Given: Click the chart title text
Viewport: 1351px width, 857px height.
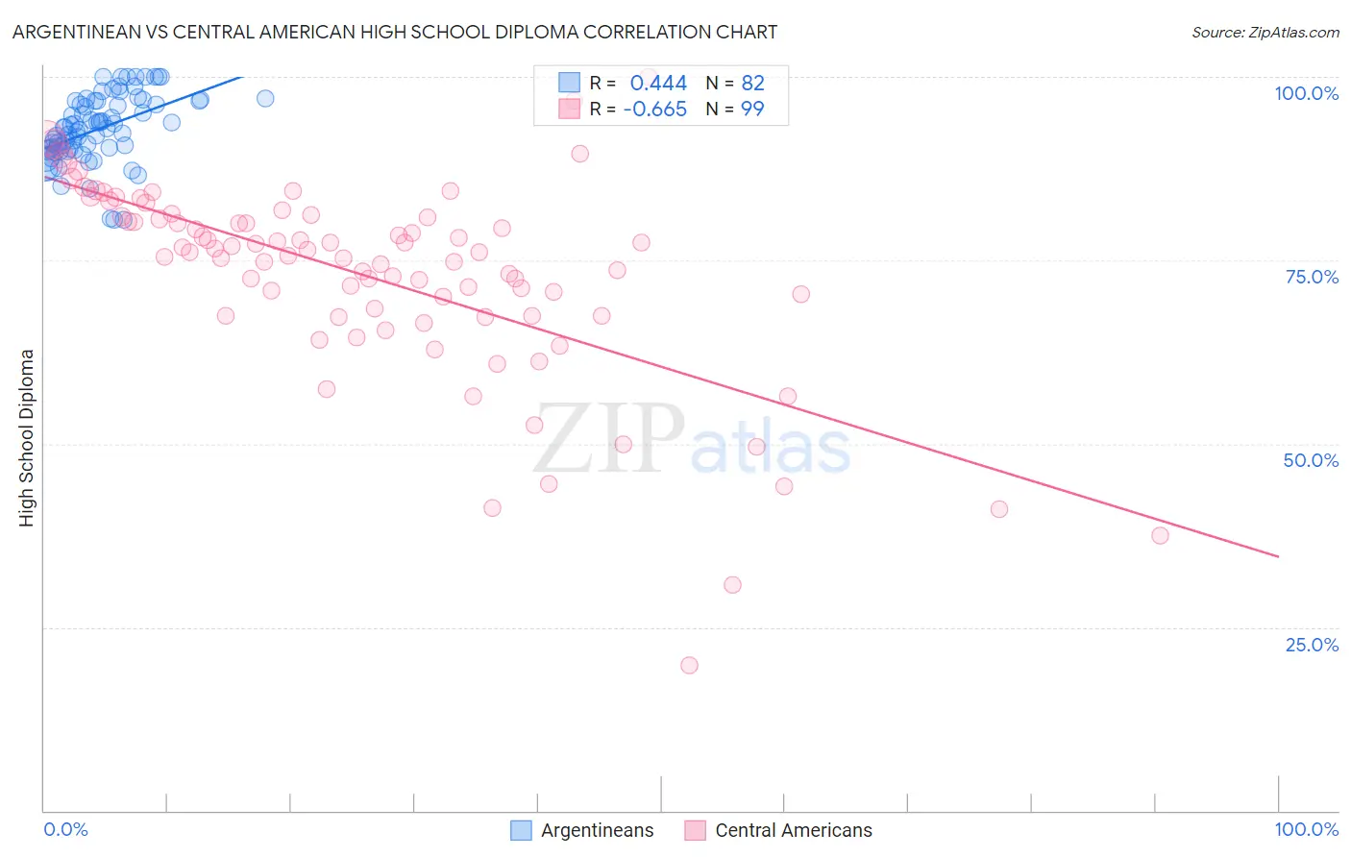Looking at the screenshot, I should (x=395, y=32).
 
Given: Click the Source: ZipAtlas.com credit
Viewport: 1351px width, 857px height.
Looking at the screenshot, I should (x=1265, y=32).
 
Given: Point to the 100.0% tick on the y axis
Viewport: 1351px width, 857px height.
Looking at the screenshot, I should (x=1306, y=93).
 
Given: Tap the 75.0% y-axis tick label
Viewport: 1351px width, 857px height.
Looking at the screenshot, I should (x=1312, y=277).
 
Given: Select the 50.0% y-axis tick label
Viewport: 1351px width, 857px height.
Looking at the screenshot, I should (x=1311, y=460).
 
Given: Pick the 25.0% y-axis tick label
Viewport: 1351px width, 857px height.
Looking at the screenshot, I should (x=1312, y=645).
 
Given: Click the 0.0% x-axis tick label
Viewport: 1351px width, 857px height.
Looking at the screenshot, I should (x=65, y=830).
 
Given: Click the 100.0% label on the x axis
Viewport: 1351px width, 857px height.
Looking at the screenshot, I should (x=1306, y=830).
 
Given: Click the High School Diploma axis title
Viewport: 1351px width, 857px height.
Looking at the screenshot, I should (x=27, y=437).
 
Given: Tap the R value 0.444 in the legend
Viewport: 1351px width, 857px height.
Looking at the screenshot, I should (x=658, y=83).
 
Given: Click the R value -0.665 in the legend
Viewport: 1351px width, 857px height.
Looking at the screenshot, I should (x=654, y=110).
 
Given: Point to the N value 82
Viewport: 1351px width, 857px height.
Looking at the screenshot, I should (x=752, y=83).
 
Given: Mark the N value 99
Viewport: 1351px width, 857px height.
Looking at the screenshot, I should (x=752, y=110).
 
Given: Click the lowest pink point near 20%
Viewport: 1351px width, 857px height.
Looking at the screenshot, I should (x=689, y=665).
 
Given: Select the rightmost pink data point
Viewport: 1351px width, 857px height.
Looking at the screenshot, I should (x=1160, y=535).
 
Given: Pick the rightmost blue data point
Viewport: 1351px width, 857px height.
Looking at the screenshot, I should (x=265, y=98).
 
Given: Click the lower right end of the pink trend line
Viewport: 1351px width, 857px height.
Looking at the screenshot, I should (x=1278, y=556).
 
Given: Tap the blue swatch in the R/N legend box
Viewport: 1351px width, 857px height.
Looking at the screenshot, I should (x=570, y=83).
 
